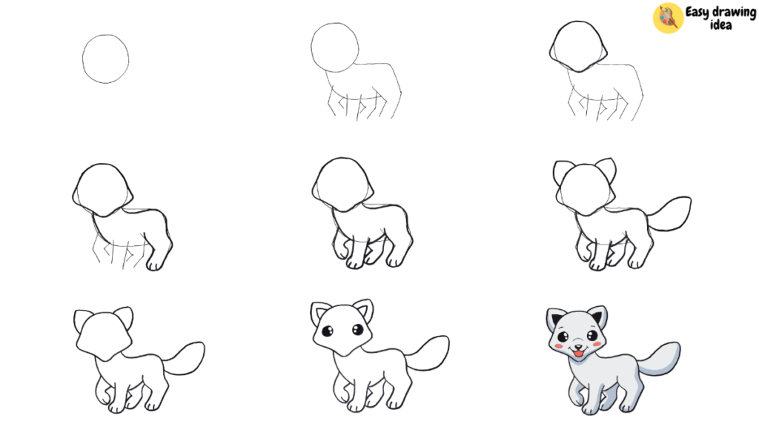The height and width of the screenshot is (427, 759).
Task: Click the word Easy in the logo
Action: coord(697,12)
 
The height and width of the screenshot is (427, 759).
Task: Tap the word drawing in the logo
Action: coord(734,13)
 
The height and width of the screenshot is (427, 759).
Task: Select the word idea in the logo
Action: coord(720,24)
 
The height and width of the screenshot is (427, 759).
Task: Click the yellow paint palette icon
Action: coord(668,18)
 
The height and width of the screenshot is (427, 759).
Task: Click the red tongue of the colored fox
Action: coord(578,354)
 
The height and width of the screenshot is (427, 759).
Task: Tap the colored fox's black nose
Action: coord(578,347)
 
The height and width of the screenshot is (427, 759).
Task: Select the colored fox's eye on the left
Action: coord(563,337)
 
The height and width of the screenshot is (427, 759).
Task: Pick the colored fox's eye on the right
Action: coord(592,334)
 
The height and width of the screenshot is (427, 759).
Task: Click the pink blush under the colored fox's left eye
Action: coord(559,346)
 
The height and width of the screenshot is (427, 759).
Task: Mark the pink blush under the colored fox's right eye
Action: coord(597,344)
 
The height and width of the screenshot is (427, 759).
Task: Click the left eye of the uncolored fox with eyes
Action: coord(328,331)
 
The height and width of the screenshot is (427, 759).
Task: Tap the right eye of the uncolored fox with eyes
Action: coord(358,330)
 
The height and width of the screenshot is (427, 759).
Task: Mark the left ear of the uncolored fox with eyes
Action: coord(319,314)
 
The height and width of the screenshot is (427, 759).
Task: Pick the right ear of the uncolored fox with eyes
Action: coord(364,311)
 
